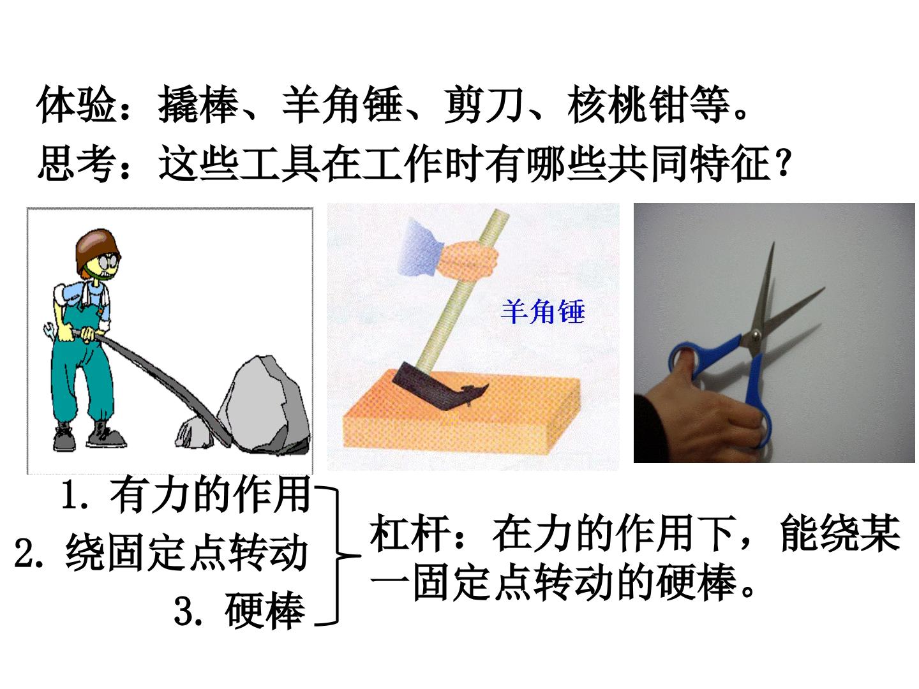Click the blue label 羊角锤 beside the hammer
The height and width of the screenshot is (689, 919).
coord(542,312)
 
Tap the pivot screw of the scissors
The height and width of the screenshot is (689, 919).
coord(756,334)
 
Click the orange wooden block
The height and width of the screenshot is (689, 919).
coord(461,414)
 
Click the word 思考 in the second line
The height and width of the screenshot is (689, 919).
coord(76,163)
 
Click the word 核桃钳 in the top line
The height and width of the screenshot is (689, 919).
coord(627,104)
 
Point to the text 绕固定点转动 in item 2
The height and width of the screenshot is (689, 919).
coord(187,552)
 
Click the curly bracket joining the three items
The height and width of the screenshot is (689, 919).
coord(336,556)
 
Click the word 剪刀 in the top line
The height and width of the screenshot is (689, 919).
coord(484,104)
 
